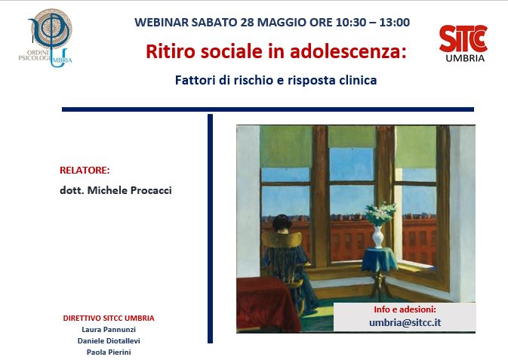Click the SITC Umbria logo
pyautogui.click(x=463, y=44)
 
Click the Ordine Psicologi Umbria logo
pyautogui.click(x=46, y=38)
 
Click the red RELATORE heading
pyautogui.click(x=85, y=171)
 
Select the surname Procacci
pyautogui.click(x=151, y=190)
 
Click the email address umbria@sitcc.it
pyautogui.click(x=405, y=322)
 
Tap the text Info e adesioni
pyautogui.click(x=405, y=309)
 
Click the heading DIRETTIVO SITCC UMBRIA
pyautogui.click(x=109, y=318)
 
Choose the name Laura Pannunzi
pyautogui.click(x=109, y=330)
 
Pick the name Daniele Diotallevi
pyautogui.click(x=109, y=341)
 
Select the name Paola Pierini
pyautogui.click(x=109, y=352)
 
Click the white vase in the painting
pyautogui.click(x=378, y=236)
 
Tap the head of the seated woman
pyautogui.click(x=282, y=223)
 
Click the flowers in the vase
pyautogui.click(x=380, y=214)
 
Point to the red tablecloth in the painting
pyautogui.click(x=267, y=303)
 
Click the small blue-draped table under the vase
pyautogui.click(x=379, y=259)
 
